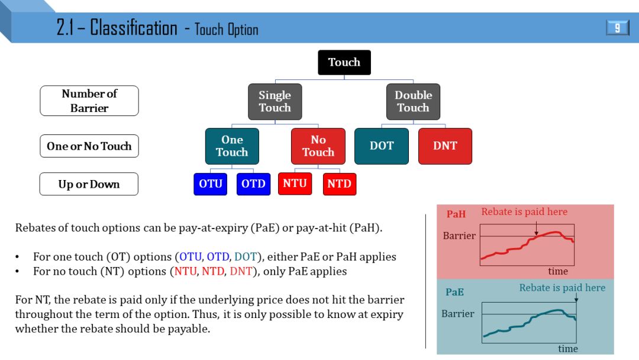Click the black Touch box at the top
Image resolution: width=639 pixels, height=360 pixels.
(344, 62)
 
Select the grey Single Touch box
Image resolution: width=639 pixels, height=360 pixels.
(275, 101)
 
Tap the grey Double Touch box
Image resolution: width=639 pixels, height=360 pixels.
(413, 101)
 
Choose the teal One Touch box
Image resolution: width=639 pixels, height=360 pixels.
(232, 146)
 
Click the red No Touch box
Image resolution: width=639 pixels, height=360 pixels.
(318, 146)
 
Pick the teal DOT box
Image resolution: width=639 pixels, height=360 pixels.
(382, 146)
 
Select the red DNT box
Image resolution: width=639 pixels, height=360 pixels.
(445, 146)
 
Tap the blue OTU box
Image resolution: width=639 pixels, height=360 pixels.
(210, 184)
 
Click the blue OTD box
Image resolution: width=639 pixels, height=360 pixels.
(253, 184)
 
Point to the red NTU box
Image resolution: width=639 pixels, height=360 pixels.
(295, 184)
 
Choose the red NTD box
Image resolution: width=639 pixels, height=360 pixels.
(339, 184)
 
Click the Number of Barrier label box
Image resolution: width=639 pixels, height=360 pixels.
(89, 101)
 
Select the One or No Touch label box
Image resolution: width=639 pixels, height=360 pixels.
(89, 146)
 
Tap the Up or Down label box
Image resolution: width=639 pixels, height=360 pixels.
(89, 184)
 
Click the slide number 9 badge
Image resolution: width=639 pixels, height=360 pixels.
(617, 28)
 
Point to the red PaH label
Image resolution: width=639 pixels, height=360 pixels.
(456, 214)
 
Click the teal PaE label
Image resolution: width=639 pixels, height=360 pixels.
(455, 292)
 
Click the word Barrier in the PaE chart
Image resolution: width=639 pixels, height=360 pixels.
(458, 314)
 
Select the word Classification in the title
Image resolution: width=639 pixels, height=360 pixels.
(134, 28)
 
